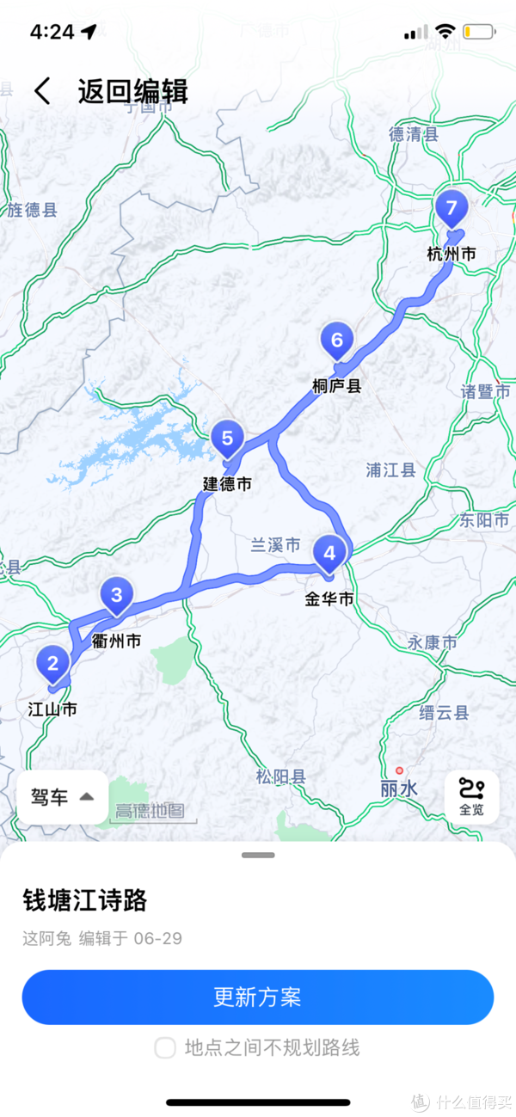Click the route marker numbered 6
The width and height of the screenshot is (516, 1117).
tap(336, 341)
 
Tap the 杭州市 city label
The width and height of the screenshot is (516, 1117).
tap(451, 255)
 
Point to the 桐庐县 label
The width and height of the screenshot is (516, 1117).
tap(336, 386)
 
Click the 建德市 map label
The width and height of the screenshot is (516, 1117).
tap(227, 485)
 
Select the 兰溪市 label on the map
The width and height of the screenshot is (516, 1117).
tap(275, 545)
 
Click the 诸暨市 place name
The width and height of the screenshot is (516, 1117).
tap(487, 392)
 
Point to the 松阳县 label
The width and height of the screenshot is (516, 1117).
tap(280, 777)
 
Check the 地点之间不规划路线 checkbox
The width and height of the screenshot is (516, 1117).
tap(165, 1047)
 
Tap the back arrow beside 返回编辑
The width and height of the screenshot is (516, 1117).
tap(42, 91)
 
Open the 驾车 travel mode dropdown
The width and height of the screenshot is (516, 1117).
tap(63, 797)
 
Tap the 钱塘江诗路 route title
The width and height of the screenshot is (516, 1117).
tap(85, 900)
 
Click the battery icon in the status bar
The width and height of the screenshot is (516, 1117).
tap(478, 33)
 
